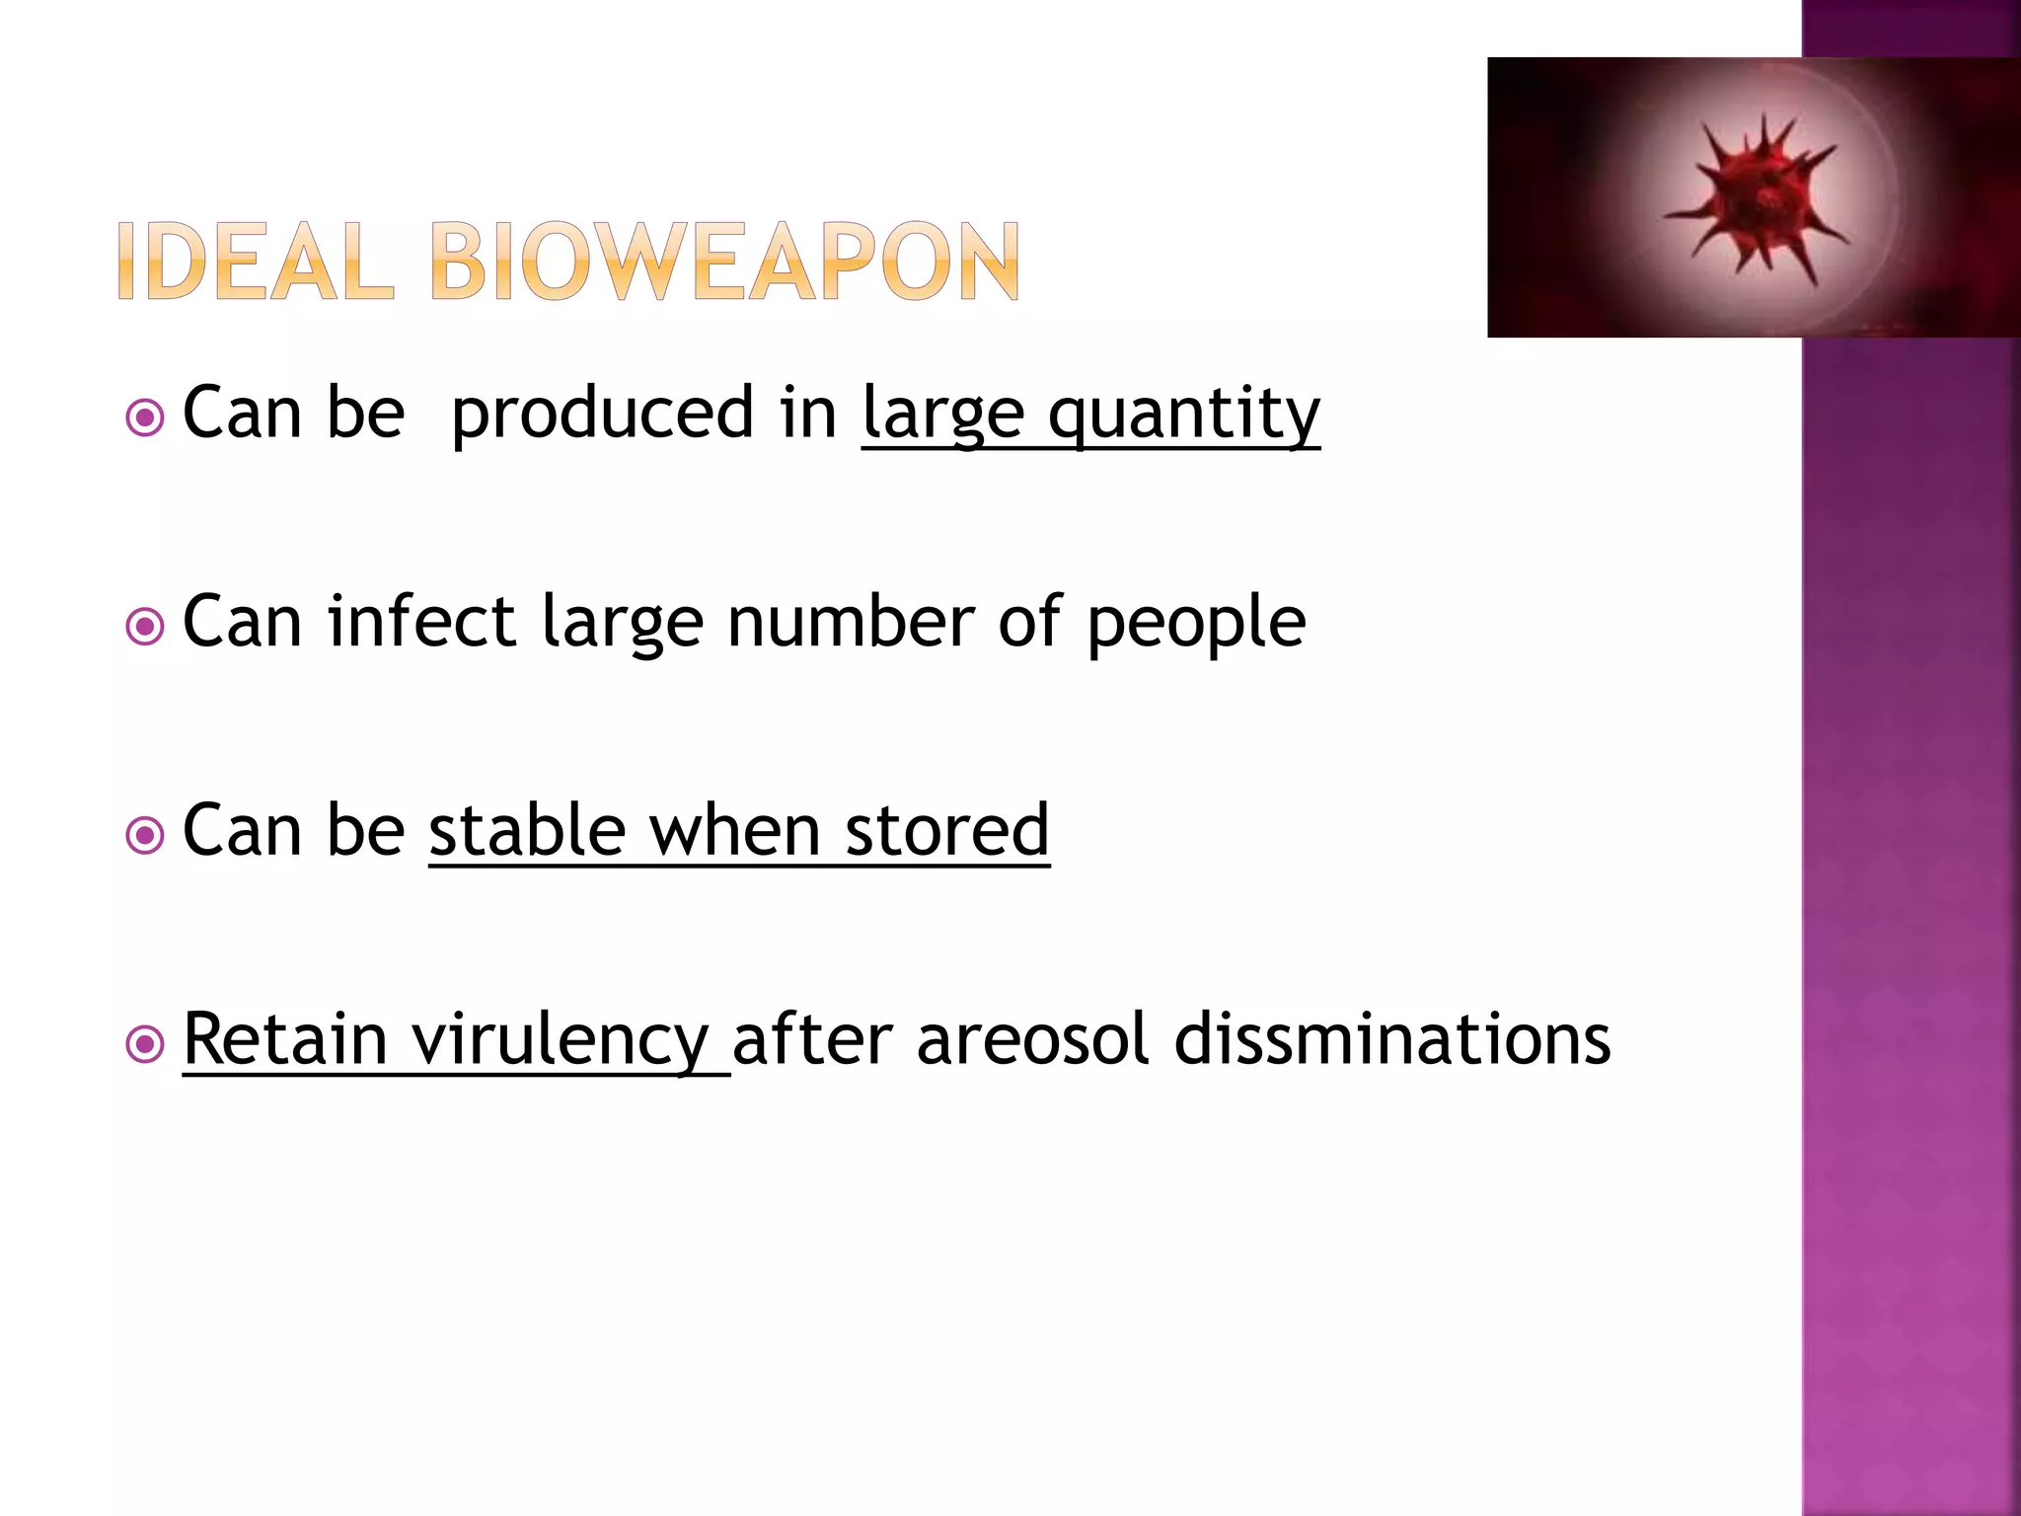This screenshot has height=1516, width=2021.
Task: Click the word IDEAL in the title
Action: (255, 262)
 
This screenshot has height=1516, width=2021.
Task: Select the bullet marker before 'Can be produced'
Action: (145, 417)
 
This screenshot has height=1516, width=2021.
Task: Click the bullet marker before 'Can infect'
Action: (145, 626)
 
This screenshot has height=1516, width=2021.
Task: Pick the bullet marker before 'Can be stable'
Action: (145, 835)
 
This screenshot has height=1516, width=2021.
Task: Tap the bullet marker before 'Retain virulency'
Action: (145, 1043)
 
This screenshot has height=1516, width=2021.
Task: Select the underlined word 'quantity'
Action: (1184, 415)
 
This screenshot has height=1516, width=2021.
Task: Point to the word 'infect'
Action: (421, 622)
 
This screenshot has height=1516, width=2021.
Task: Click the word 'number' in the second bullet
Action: (850, 622)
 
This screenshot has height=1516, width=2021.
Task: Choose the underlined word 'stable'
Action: (528, 831)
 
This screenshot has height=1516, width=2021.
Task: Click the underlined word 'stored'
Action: (947, 831)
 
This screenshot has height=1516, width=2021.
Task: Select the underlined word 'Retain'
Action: (285, 1039)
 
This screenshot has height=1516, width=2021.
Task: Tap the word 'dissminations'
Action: (1392, 1039)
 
